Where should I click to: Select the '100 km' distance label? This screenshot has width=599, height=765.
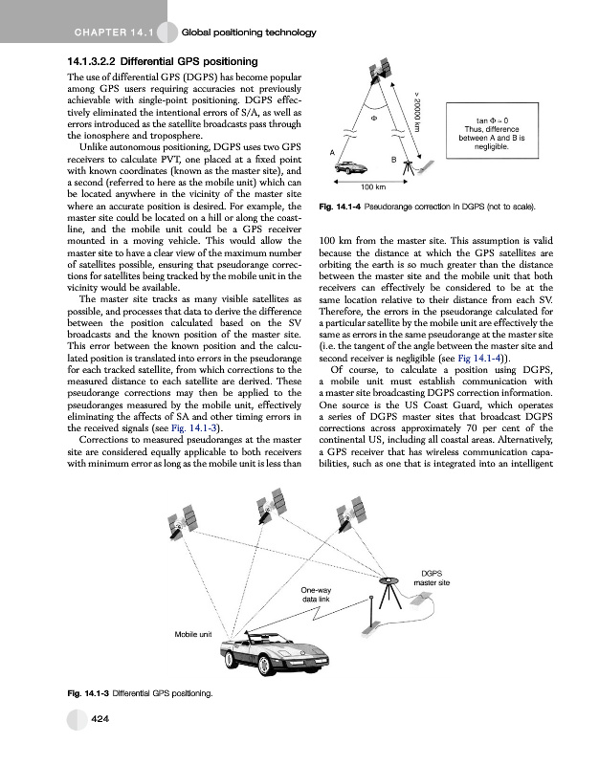click(x=372, y=186)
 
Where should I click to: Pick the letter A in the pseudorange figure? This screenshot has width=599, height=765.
click(x=330, y=152)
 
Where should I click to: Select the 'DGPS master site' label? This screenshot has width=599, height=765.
click(x=431, y=577)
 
